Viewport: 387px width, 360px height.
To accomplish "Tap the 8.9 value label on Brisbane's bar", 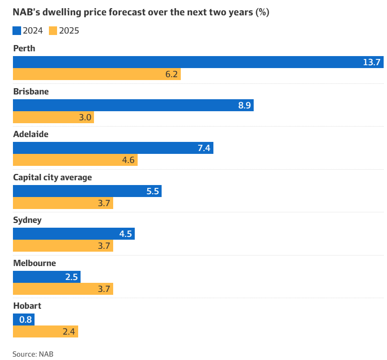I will (245, 105).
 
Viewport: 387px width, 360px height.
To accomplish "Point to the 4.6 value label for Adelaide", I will (128, 160).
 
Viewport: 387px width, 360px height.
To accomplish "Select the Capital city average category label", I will (52, 177).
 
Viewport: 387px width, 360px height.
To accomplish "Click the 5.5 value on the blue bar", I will (152, 191).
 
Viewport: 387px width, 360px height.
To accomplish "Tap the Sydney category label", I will (27, 221).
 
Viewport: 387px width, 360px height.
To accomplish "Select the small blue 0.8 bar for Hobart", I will (23, 320).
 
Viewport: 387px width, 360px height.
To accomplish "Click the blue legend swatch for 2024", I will (17, 31).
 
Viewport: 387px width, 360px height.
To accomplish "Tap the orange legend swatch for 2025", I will (53, 31).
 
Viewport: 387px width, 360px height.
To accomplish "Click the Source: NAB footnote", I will (33, 354).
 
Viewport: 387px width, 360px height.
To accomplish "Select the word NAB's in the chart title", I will (28, 12).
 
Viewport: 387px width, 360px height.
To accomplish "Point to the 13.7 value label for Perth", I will (371, 62).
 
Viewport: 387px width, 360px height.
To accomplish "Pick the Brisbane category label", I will (31, 91).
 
